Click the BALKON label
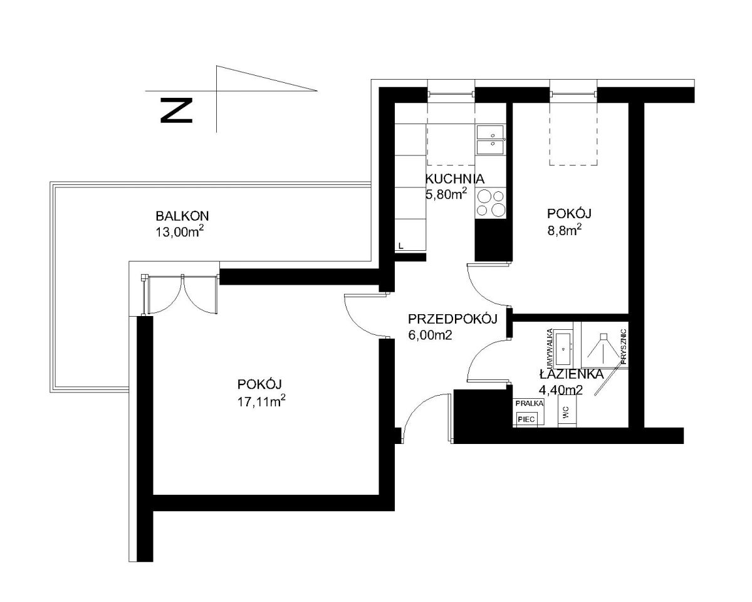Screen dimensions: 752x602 click(x=182, y=216)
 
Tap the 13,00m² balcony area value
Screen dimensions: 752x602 click(x=180, y=231)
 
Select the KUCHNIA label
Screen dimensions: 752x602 click(x=455, y=179)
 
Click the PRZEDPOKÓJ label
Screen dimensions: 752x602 click(x=452, y=319)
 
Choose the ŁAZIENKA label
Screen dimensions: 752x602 click(x=572, y=374)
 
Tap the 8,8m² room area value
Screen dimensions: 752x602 click(x=565, y=230)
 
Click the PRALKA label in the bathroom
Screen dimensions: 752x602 click(x=530, y=403)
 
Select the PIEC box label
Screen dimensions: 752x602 click(x=526, y=419)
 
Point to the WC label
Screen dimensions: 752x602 click(x=566, y=413)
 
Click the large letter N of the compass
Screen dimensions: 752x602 click(x=176, y=110)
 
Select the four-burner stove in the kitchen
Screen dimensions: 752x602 click(x=491, y=203)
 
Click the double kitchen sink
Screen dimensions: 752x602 click(x=490, y=140)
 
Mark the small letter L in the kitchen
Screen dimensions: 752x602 click(x=401, y=246)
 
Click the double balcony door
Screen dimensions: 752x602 click(x=181, y=295)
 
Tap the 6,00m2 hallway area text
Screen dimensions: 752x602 click(x=430, y=335)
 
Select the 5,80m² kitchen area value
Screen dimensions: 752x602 click(x=446, y=193)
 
